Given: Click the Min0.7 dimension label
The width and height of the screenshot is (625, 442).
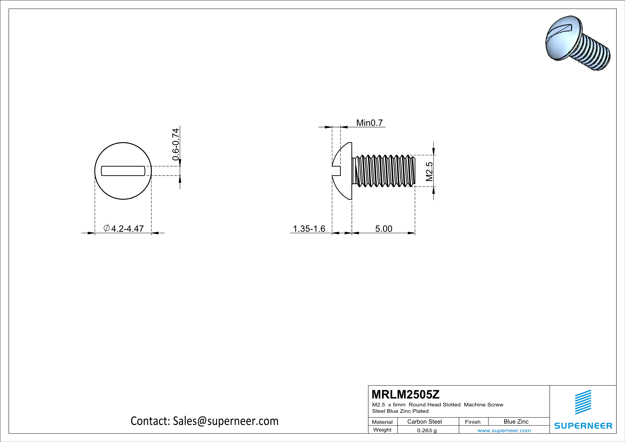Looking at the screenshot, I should [369, 123].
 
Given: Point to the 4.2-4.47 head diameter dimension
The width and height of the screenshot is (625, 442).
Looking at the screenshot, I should [127, 229].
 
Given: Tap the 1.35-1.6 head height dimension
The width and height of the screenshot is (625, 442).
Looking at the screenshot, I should [309, 229].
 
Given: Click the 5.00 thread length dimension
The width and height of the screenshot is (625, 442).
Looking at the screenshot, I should [384, 229].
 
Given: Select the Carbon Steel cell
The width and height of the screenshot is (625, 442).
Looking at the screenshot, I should [424, 422].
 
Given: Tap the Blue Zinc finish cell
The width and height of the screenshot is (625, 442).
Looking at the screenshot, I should [516, 422].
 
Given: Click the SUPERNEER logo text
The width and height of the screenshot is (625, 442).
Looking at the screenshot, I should [583, 426].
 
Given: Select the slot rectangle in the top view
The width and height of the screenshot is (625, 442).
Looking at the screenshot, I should [123, 171].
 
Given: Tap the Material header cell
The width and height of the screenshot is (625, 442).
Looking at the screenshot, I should [382, 422].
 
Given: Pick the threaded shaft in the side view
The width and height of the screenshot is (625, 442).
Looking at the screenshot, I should [384, 171].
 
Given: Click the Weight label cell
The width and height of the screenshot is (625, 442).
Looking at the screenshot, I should [382, 430].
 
